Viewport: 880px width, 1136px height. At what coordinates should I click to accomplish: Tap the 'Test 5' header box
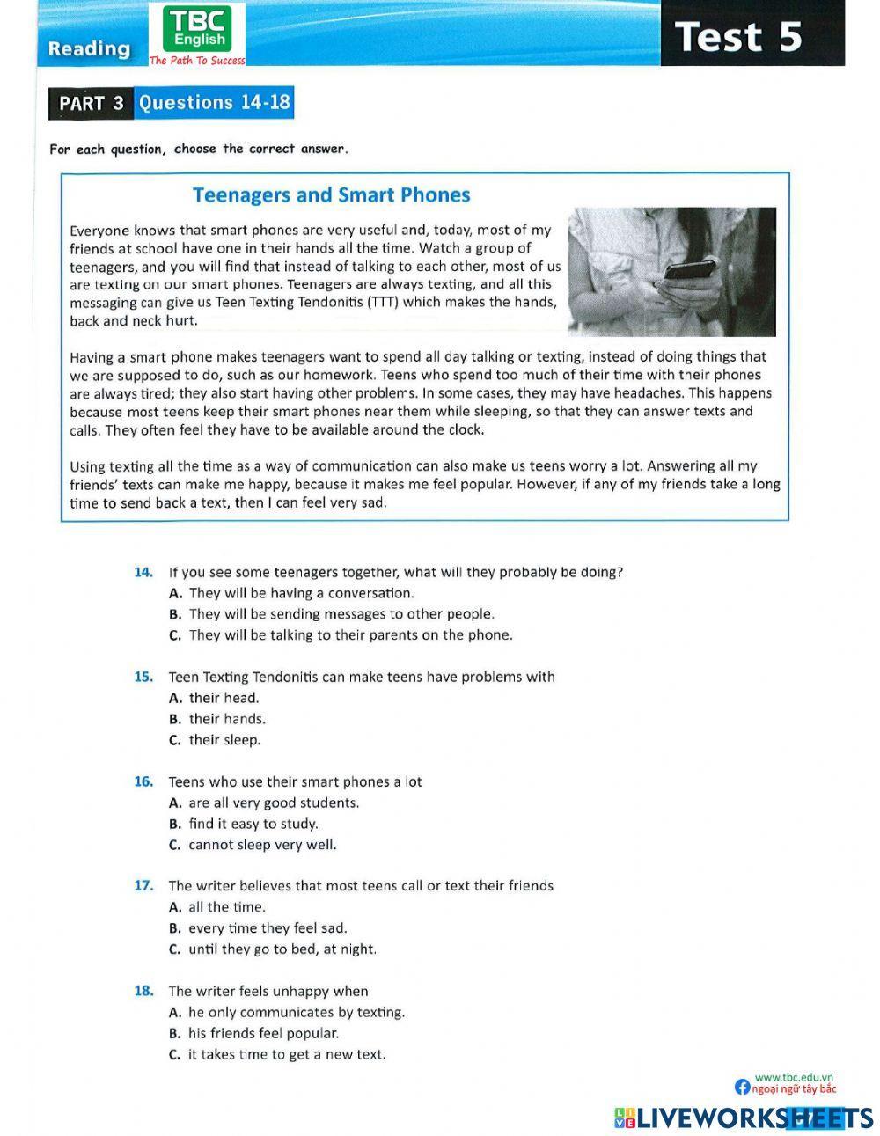point(752,36)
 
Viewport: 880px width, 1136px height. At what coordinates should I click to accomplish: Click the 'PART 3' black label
point(92,103)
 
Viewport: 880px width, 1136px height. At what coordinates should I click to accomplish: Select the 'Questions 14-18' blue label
point(214,102)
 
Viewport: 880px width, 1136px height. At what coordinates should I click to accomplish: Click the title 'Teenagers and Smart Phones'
point(331,194)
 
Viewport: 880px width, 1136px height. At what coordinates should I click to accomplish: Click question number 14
point(143,572)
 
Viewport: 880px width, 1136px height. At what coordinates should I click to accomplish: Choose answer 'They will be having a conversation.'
point(300,593)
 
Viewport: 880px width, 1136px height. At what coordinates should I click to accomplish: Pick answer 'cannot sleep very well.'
point(261,845)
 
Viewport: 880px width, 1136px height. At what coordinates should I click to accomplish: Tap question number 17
point(143,886)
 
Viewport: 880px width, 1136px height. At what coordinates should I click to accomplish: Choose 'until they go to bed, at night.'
point(282,949)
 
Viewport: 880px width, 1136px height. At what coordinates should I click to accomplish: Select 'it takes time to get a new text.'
point(286,1054)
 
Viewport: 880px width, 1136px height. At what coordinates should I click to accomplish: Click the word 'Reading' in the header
point(89,48)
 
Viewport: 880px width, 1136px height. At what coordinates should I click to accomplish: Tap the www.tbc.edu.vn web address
point(793,1077)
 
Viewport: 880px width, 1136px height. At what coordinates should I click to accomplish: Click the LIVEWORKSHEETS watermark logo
point(744,1118)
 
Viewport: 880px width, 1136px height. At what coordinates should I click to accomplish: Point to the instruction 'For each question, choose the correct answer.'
point(199,149)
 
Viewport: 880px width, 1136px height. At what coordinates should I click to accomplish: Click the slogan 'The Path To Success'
point(197,61)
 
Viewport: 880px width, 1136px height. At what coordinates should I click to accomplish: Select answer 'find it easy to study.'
point(253,824)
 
